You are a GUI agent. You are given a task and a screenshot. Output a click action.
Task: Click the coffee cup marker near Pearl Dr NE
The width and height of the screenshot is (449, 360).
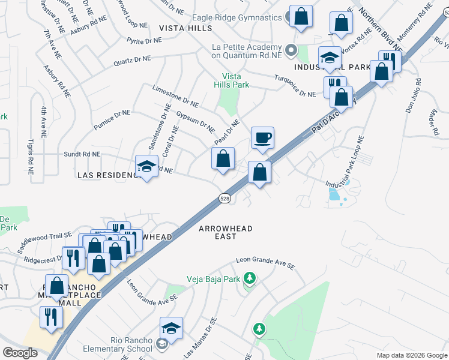tap(262, 138)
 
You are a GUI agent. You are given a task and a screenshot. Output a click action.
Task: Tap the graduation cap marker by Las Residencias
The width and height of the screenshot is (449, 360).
tap(146, 167)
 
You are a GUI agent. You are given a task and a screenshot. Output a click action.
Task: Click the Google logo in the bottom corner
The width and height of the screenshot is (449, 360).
tap(20, 353)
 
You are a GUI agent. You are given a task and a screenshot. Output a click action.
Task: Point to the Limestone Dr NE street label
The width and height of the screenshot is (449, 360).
tap(175, 95)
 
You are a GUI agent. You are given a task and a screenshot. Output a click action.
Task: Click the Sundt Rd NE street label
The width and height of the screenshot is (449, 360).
tap(82, 155)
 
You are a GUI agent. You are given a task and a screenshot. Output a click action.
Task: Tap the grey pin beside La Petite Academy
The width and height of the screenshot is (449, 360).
tap(292, 50)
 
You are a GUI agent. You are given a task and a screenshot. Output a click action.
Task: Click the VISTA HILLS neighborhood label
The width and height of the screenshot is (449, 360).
tap(185, 28)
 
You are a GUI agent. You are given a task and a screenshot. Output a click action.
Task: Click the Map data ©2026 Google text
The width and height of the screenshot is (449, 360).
tap(412, 355)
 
